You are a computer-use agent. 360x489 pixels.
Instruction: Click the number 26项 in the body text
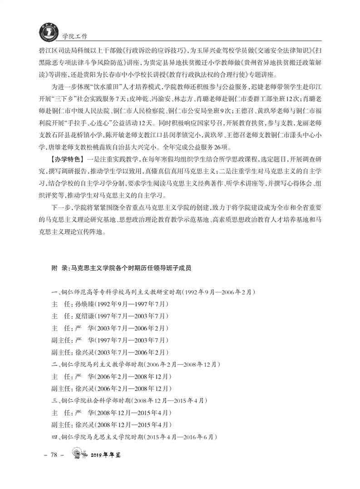[226, 147]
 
